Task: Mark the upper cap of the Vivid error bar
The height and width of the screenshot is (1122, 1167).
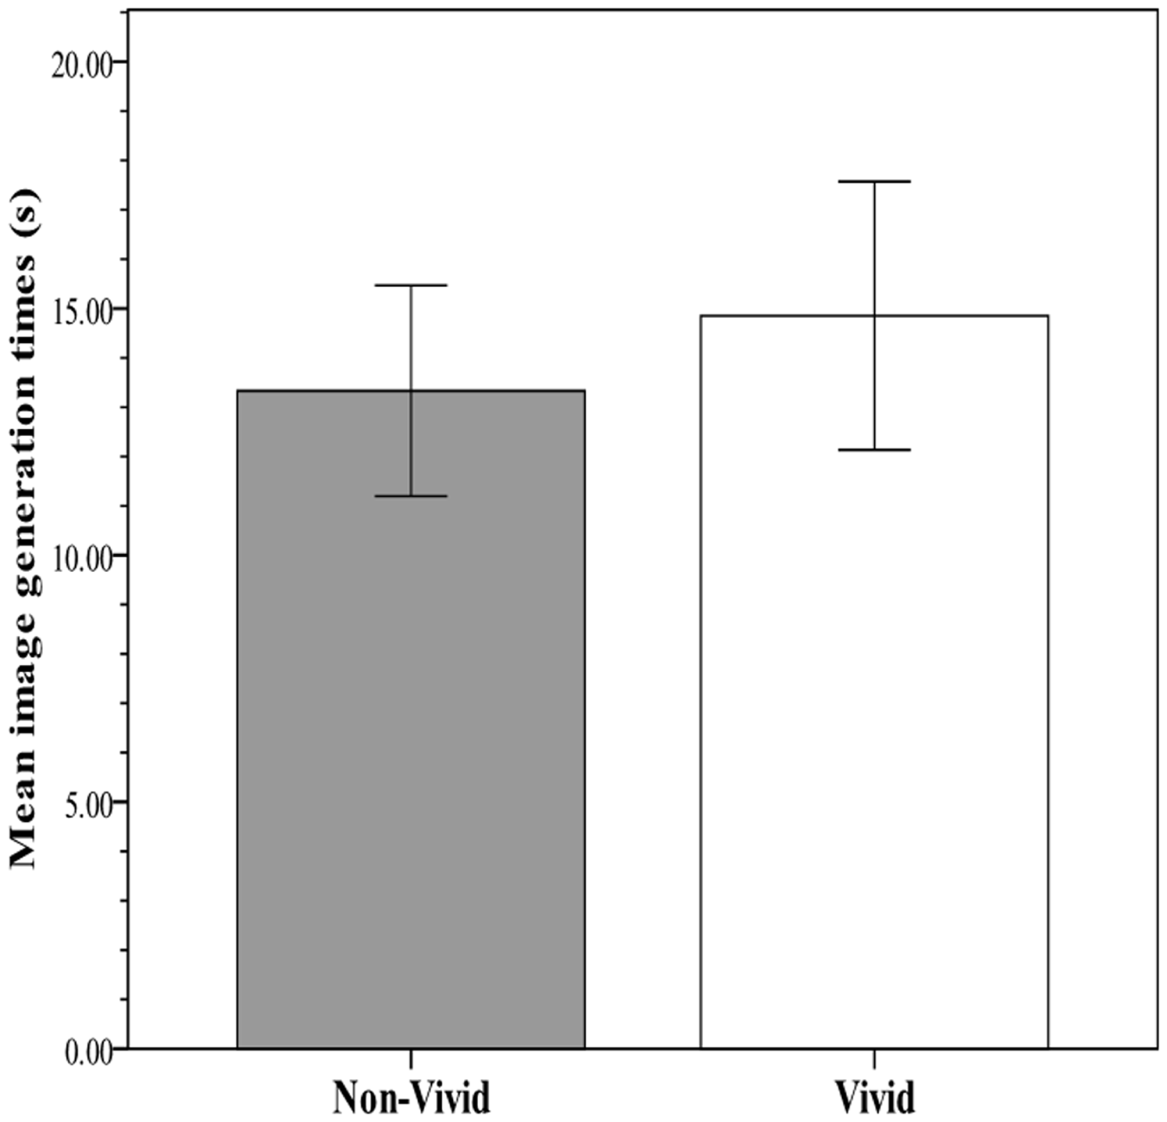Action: (874, 181)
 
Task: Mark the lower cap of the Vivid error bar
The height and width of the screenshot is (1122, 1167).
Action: (874, 449)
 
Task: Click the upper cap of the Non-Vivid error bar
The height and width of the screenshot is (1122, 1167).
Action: (411, 285)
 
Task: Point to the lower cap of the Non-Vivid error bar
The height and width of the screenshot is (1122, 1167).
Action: (411, 496)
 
